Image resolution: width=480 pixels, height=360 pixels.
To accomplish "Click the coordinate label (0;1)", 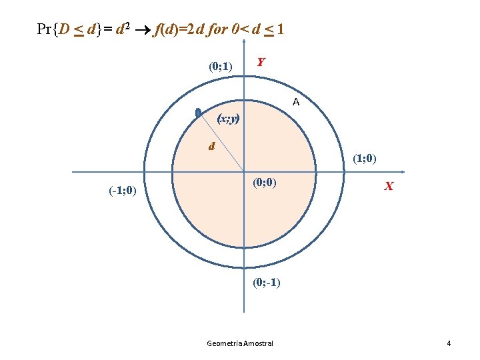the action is [220, 66].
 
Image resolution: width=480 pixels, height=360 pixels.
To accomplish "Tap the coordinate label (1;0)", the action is [365, 159].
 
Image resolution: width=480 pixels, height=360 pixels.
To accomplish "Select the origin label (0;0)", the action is [265, 183].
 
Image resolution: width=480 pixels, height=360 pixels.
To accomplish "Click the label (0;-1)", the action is [267, 282].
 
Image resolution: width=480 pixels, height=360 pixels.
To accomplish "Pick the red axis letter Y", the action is [261, 62].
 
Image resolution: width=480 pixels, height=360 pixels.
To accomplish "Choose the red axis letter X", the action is [388, 187].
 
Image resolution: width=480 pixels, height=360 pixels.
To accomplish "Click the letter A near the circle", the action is [295, 103].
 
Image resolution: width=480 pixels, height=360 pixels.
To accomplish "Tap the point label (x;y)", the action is [229, 119].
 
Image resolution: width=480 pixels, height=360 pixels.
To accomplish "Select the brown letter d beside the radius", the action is [211, 146].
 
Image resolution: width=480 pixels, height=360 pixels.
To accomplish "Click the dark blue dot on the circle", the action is [198, 114].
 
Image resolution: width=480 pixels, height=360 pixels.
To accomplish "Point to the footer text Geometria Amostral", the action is [240, 343].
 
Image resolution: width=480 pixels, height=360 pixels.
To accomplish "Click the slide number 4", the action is [449, 343].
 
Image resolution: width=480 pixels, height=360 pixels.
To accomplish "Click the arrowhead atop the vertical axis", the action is [244, 42].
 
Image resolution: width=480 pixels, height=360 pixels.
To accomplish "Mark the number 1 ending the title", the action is [281, 30].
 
